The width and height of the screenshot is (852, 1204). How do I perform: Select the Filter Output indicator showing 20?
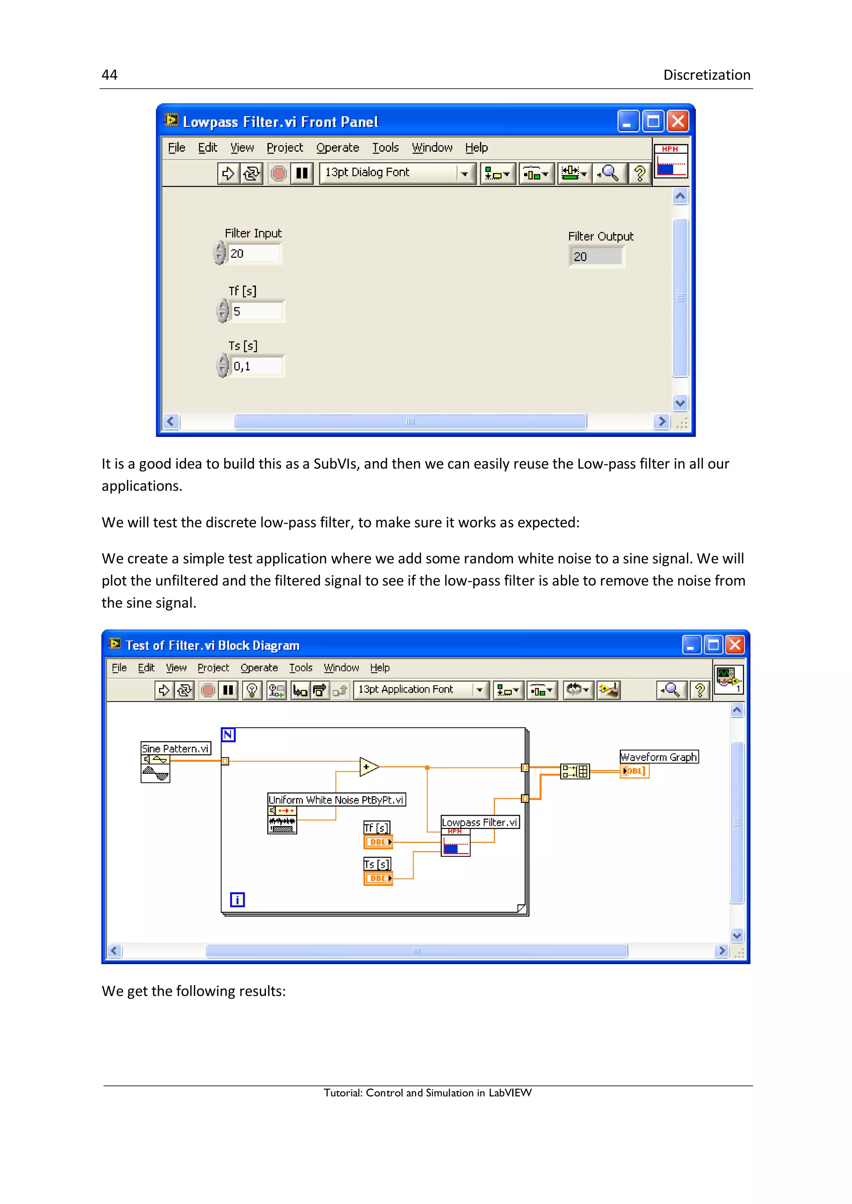click(x=597, y=257)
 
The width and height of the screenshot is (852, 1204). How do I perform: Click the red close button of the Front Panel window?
click(x=678, y=122)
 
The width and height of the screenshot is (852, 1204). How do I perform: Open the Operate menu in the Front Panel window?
click(x=337, y=148)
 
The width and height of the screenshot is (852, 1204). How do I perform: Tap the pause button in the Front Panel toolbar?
click(x=302, y=173)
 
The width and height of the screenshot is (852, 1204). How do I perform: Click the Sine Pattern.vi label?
click(x=175, y=748)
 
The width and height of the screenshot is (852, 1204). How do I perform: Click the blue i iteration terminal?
click(x=237, y=900)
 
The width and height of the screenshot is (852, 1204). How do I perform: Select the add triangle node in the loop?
click(x=368, y=767)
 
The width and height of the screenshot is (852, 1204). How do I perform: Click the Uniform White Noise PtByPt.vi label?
click(x=336, y=800)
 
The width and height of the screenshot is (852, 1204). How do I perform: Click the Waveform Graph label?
click(x=659, y=757)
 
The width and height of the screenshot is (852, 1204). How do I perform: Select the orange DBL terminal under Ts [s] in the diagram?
click(x=378, y=878)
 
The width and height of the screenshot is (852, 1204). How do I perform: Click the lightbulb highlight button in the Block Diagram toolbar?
click(x=252, y=690)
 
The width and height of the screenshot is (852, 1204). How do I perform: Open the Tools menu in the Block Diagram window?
click(x=301, y=668)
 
